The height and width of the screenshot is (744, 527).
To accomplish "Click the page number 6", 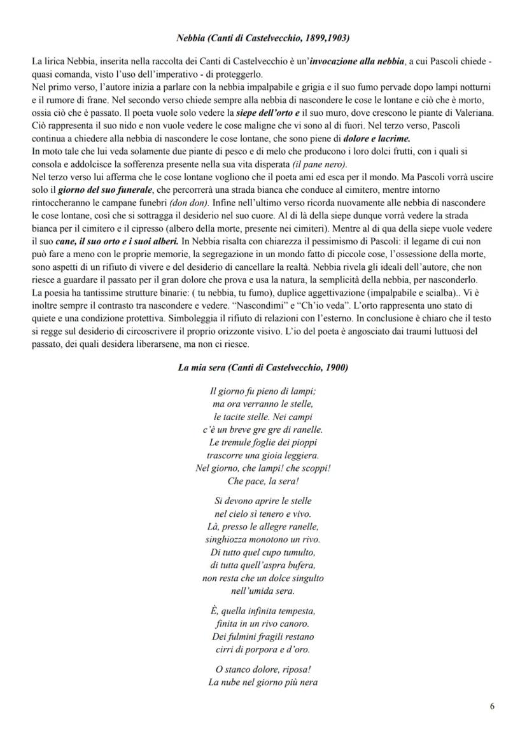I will [x=493, y=706].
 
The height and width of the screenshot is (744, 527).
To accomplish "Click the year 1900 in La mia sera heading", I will [x=337, y=368].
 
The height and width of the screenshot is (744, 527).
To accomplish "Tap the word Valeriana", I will [x=470, y=112].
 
